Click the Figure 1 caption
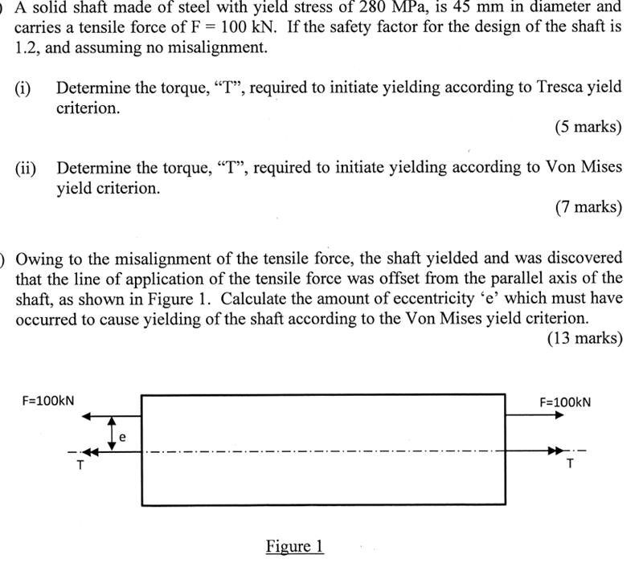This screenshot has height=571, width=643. tap(294, 547)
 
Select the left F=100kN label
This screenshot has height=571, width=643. tap(48, 400)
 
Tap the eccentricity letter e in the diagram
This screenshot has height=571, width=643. tap(122, 437)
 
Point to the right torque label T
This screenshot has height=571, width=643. tap(570, 463)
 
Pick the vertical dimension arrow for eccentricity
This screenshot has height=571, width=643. tap(113, 433)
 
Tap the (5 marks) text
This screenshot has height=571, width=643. tap(588, 127)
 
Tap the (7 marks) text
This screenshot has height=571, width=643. tap(588, 207)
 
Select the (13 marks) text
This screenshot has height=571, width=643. tap(584, 338)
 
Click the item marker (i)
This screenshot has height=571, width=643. tap(23, 88)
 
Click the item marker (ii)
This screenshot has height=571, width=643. tap(27, 168)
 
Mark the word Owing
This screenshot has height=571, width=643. tap(38, 259)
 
